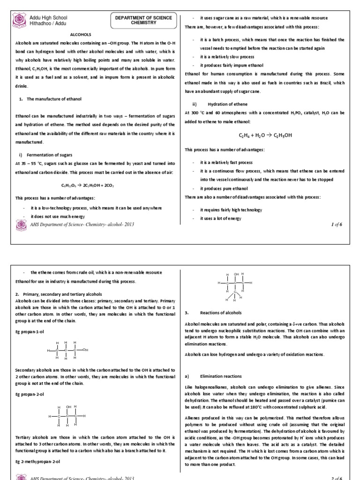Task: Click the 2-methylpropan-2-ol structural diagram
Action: point(235,286)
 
